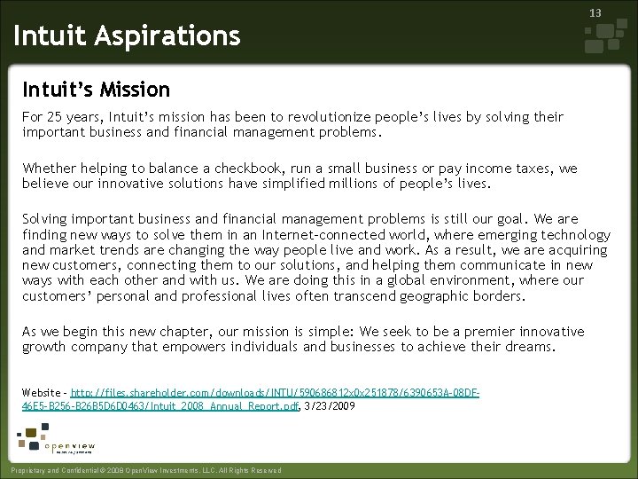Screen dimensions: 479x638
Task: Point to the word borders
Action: point(496,295)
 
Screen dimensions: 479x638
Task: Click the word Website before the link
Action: point(41,392)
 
